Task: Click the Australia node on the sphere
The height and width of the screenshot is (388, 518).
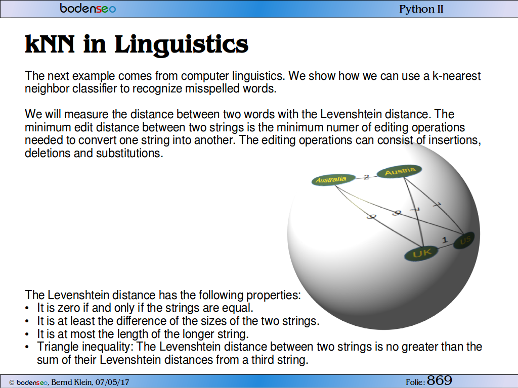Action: pos(333,180)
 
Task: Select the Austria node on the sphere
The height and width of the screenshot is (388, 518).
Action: pos(400,171)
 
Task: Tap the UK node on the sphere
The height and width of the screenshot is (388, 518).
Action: pos(422,253)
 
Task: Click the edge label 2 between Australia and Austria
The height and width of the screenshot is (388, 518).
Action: pos(366,177)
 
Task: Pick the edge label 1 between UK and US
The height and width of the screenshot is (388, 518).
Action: pos(445,240)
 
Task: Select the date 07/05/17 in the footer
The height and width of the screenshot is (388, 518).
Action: pos(112,382)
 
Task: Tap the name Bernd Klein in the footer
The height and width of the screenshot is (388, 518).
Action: pos(71,382)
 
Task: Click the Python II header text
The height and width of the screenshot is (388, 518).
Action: pos(421,9)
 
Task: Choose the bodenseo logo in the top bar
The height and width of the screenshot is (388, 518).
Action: pos(88,8)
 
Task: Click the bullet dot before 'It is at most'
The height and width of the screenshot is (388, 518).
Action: pos(27,334)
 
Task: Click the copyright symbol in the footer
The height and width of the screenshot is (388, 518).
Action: pos(12,382)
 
